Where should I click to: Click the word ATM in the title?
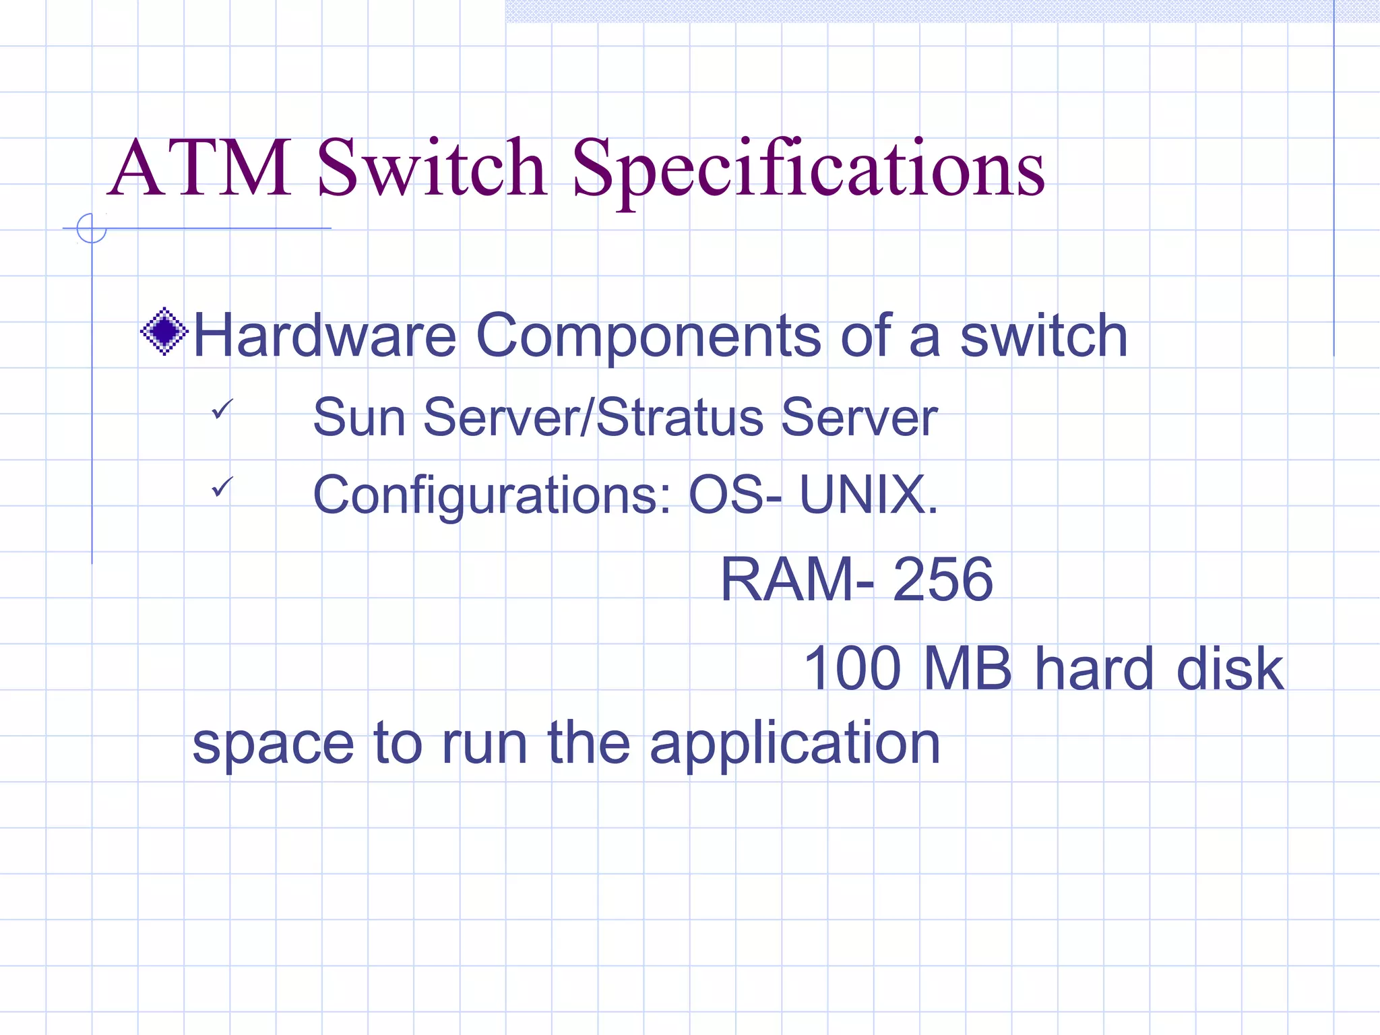[x=200, y=168]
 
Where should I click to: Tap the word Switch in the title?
[x=431, y=168]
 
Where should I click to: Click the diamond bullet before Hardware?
[x=164, y=332]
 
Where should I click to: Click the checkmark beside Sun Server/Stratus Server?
[x=222, y=408]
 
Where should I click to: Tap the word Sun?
[x=359, y=417]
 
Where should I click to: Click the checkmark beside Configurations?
[x=222, y=486]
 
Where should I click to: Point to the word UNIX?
[x=869, y=494]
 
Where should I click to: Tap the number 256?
[x=943, y=579]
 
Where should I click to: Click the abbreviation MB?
[x=968, y=668]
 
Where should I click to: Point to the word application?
[x=794, y=745]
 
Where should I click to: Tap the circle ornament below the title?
[x=92, y=228]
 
